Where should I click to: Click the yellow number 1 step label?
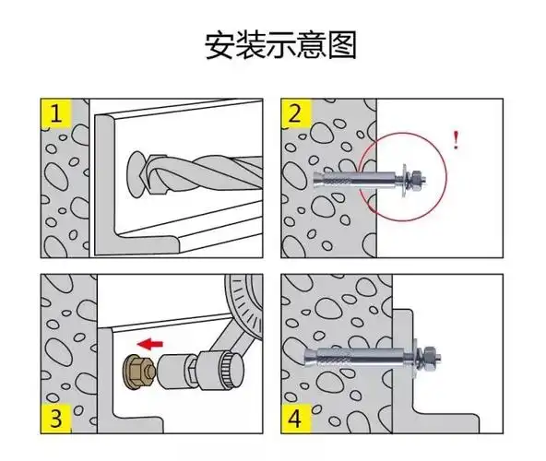pos(57,114)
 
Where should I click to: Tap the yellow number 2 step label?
pos(294,114)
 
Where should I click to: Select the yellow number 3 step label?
pos(57,420)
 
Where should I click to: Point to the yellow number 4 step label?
pos(294,420)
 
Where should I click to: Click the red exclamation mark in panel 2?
pos(456,140)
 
